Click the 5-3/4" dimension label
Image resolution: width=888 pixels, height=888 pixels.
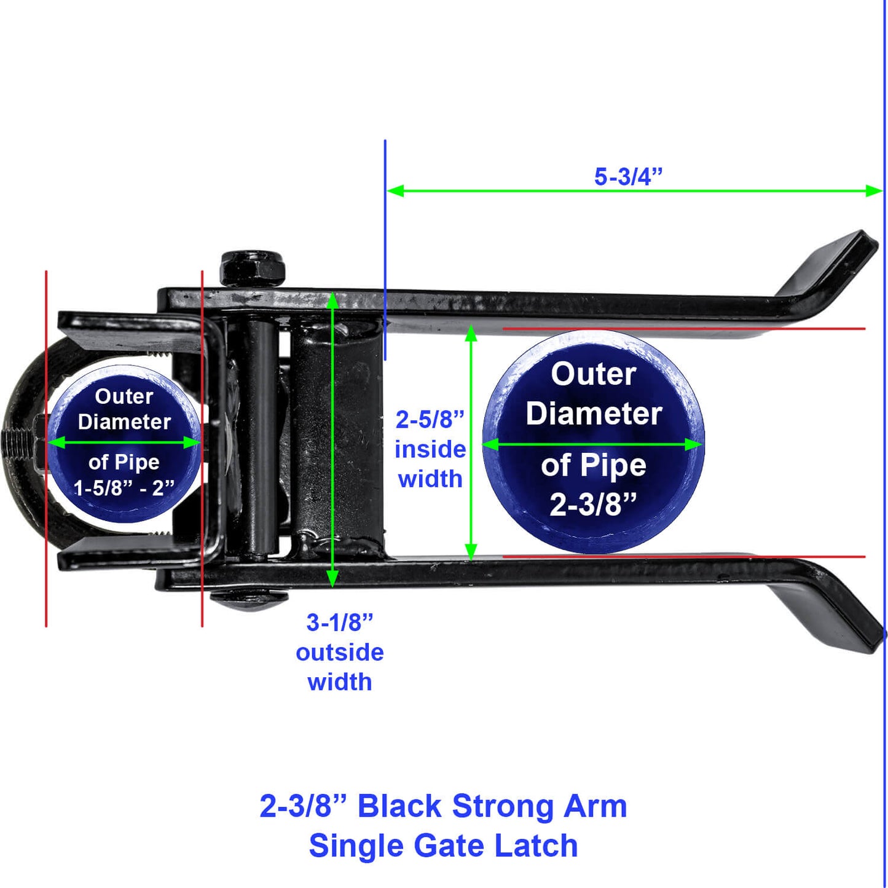(628, 177)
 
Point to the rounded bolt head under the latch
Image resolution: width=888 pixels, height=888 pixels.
(249, 599)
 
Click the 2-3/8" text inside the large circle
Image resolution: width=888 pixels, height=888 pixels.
(593, 505)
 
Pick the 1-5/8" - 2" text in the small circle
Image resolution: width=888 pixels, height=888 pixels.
(124, 488)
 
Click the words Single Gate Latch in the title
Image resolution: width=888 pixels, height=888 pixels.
(443, 846)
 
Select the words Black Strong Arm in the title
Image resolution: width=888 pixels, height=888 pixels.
(492, 806)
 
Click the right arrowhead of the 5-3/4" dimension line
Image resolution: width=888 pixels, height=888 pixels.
(874, 191)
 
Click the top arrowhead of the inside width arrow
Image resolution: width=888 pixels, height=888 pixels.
(471, 333)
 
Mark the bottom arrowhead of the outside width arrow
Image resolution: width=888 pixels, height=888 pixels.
(332, 578)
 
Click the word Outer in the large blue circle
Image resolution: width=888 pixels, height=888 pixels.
(593, 374)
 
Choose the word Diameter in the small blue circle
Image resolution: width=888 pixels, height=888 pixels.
(124, 422)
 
